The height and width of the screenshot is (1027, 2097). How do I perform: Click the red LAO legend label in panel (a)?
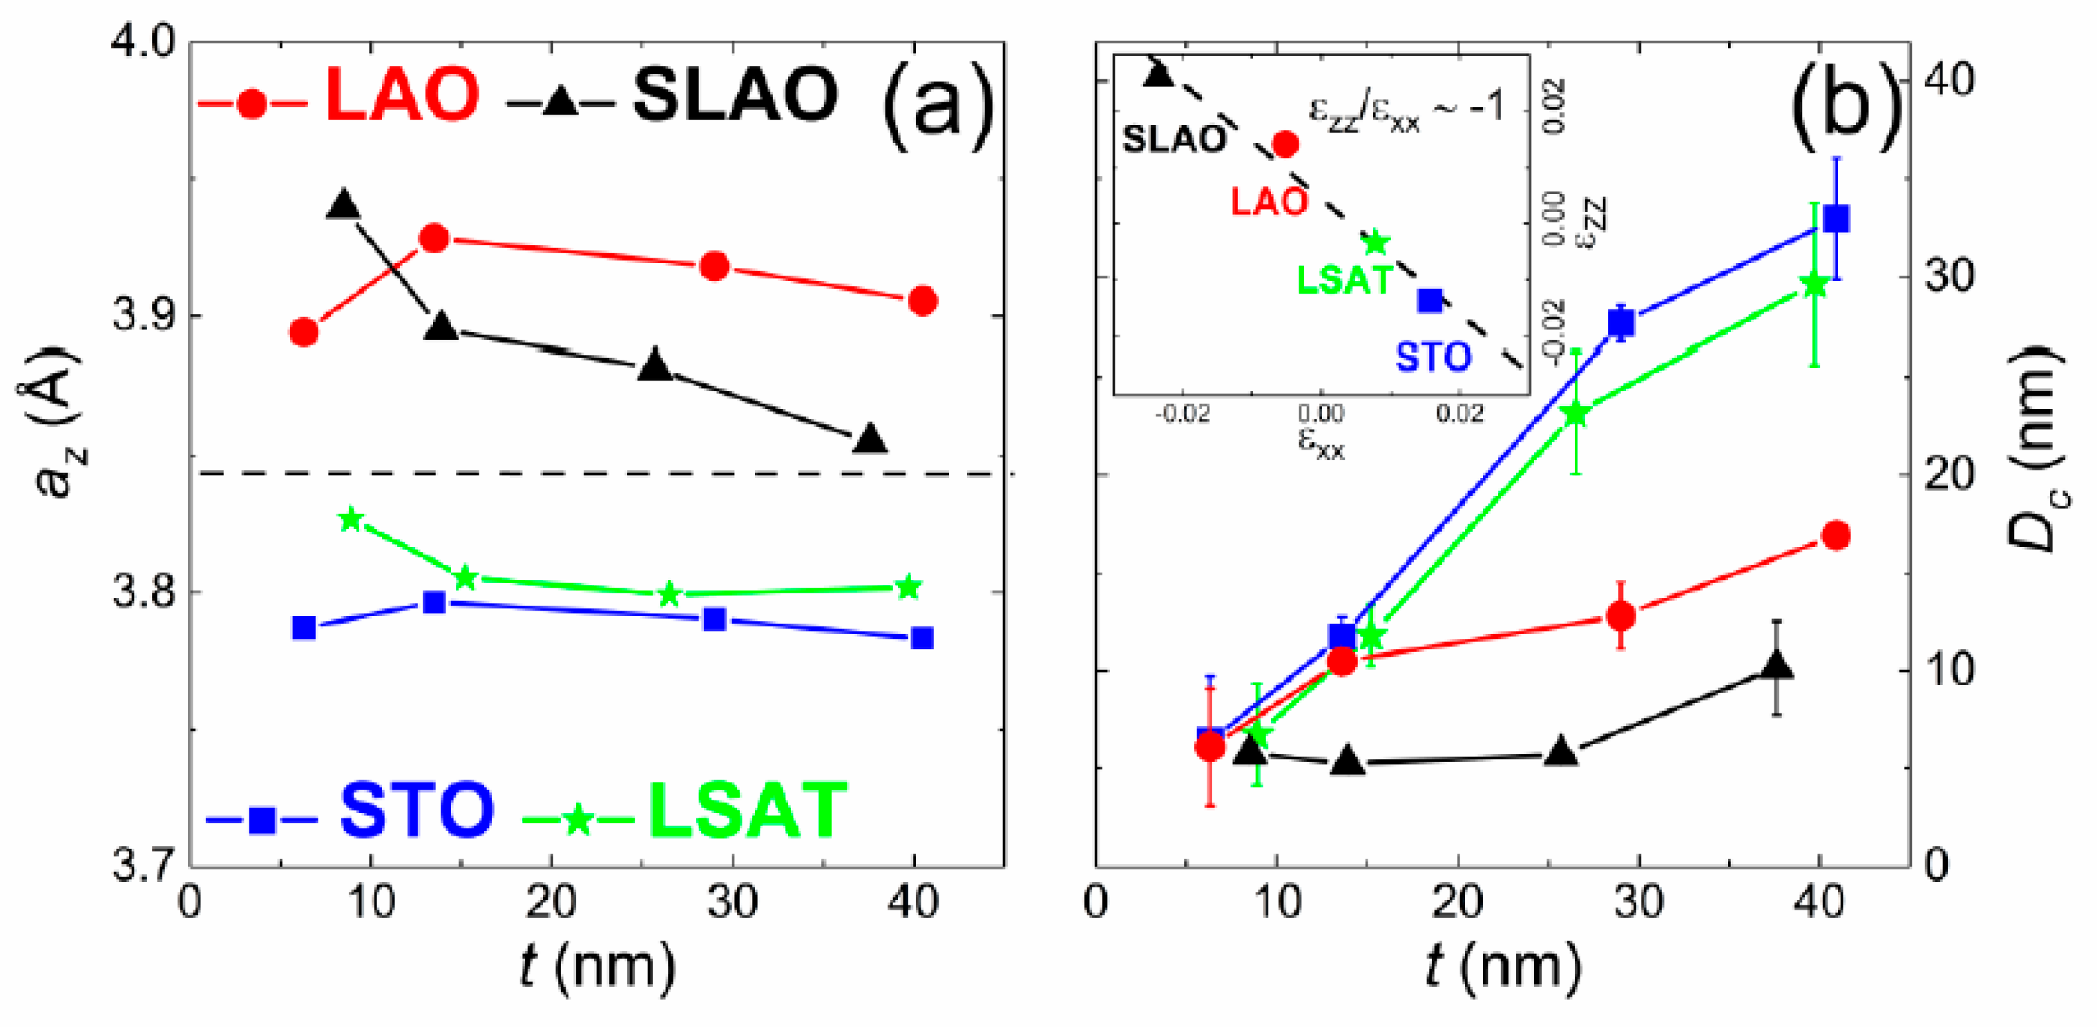click(x=401, y=96)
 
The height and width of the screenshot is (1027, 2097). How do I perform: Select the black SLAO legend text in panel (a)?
click(x=735, y=96)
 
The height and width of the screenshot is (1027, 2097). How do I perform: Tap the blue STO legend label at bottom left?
click(x=416, y=809)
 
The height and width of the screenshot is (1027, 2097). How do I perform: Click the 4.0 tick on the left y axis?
click(x=143, y=41)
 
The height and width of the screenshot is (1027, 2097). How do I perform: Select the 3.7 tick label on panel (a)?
click(x=143, y=865)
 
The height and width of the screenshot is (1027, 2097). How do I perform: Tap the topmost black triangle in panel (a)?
click(x=343, y=204)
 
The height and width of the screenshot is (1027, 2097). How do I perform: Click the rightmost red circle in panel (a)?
click(x=922, y=301)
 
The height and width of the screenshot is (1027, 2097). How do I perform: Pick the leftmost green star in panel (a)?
click(x=351, y=519)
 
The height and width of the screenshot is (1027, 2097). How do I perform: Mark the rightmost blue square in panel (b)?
click(x=1837, y=220)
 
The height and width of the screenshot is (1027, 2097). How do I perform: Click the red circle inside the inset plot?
click(x=1285, y=145)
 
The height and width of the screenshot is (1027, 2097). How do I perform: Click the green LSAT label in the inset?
click(x=1345, y=280)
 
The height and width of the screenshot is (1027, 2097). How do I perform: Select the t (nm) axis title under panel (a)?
click(x=597, y=968)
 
